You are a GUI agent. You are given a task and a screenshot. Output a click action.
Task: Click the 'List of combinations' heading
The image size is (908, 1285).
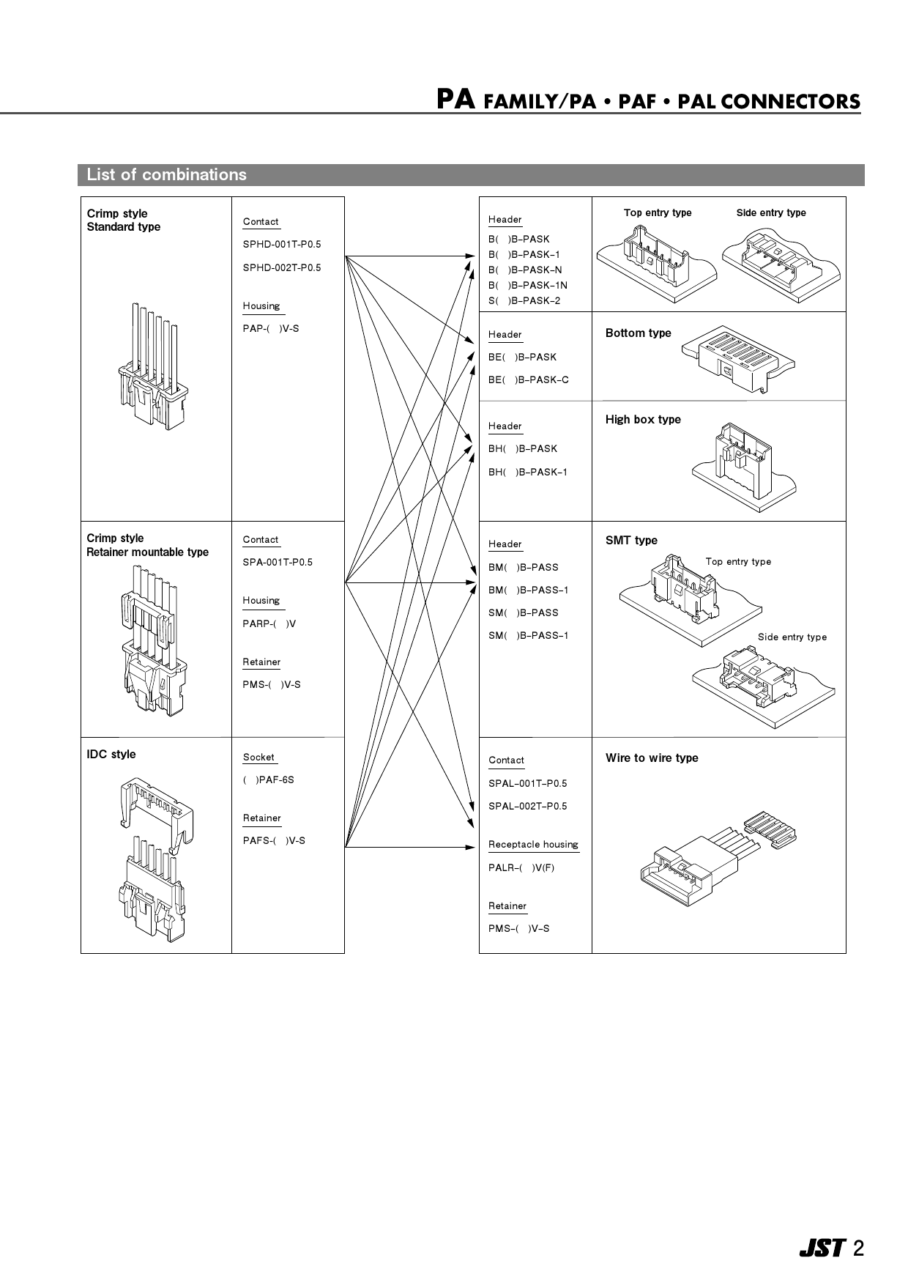(166, 175)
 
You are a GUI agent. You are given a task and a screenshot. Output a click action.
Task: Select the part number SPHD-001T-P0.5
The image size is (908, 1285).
(281, 244)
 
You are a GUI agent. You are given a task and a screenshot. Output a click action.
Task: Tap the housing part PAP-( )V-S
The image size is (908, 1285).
(270, 329)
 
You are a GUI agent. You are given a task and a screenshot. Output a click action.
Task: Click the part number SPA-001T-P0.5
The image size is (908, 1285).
(277, 563)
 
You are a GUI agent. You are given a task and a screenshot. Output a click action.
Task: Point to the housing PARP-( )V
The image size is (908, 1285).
(269, 624)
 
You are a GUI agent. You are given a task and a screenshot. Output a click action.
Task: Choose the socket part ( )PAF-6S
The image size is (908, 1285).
(268, 780)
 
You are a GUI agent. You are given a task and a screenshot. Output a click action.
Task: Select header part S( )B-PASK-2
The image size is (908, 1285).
(524, 301)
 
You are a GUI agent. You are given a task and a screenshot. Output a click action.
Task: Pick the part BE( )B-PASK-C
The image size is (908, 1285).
(528, 380)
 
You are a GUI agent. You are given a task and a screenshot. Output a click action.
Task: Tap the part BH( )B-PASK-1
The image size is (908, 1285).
(527, 473)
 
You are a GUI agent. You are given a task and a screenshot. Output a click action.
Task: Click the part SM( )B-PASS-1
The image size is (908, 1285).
(528, 636)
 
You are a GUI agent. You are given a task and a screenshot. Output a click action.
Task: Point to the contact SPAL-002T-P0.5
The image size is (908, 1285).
(527, 807)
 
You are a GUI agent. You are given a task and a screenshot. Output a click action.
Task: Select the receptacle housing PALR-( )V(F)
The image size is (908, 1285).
(521, 868)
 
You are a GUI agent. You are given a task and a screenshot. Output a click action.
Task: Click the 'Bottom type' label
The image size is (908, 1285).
(638, 333)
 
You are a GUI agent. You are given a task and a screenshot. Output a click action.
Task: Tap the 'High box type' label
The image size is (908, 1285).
(642, 420)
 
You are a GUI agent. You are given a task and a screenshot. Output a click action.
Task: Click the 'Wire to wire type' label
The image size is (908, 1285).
(651, 758)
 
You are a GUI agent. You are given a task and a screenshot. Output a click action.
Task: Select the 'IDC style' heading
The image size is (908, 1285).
(111, 755)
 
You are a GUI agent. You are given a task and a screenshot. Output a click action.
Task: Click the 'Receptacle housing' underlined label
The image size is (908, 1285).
(533, 845)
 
